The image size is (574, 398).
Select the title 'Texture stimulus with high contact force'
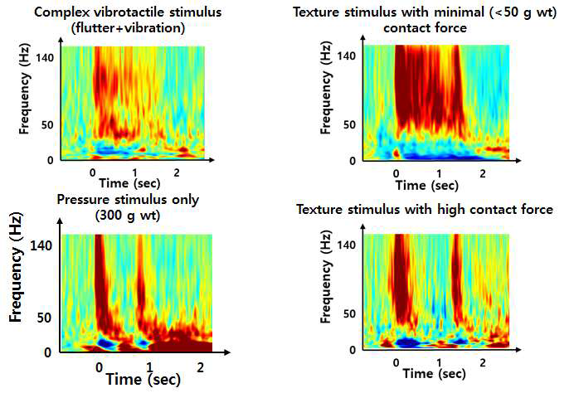424,210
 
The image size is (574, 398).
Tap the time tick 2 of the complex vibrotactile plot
177,171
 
